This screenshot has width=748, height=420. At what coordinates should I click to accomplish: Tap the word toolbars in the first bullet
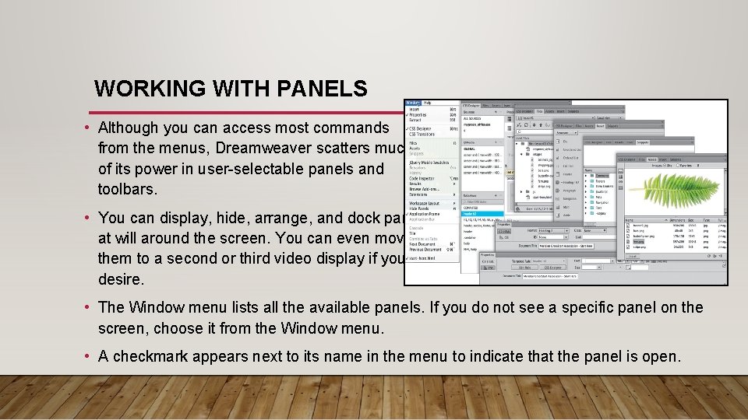coord(127,189)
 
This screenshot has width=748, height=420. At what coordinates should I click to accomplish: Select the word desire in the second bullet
coord(119,278)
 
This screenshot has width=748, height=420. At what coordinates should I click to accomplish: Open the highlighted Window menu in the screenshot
coord(412,103)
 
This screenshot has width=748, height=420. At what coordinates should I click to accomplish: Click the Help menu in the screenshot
coord(428,103)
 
